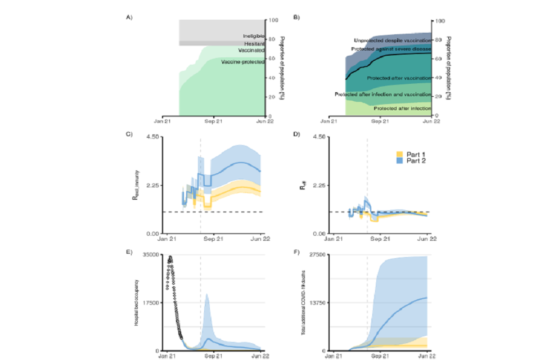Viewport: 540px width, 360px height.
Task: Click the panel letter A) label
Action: pos(129,17)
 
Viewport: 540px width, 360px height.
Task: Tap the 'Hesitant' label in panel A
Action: pos(254,44)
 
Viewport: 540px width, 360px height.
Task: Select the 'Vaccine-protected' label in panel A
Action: pos(242,62)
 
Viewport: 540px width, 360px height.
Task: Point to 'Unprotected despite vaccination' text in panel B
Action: pos(391,40)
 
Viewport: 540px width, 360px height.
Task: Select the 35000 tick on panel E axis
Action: pos(151,255)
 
